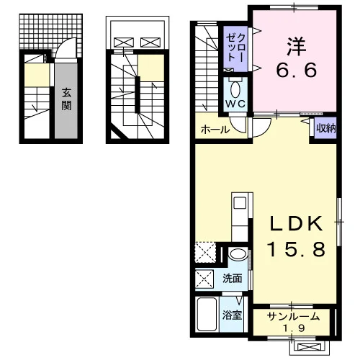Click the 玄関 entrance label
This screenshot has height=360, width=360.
(x=66, y=99)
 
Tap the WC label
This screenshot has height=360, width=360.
(x=235, y=104)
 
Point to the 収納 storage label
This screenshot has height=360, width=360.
(x=325, y=129)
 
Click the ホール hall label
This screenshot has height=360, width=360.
(x=215, y=130)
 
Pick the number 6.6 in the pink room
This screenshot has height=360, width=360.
(x=297, y=70)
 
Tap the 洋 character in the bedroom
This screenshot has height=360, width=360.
(x=297, y=47)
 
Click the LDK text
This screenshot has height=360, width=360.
(x=296, y=223)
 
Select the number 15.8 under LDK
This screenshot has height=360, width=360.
(x=296, y=248)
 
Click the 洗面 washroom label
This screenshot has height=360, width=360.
(x=232, y=279)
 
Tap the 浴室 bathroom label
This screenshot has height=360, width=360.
(x=232, y=315)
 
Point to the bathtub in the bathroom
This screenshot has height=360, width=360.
(x=207, y=315)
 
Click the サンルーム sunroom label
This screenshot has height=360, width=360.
(x=293, y=317)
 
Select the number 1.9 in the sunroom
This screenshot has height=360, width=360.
(x=294, y=328)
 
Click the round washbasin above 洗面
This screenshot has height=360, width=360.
(x=238, y=254)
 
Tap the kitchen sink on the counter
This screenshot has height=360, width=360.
(x=240, y=203)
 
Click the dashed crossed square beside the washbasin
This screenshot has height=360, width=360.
(x=205, y=253)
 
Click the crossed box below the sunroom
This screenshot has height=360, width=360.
(x=309, y=347)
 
